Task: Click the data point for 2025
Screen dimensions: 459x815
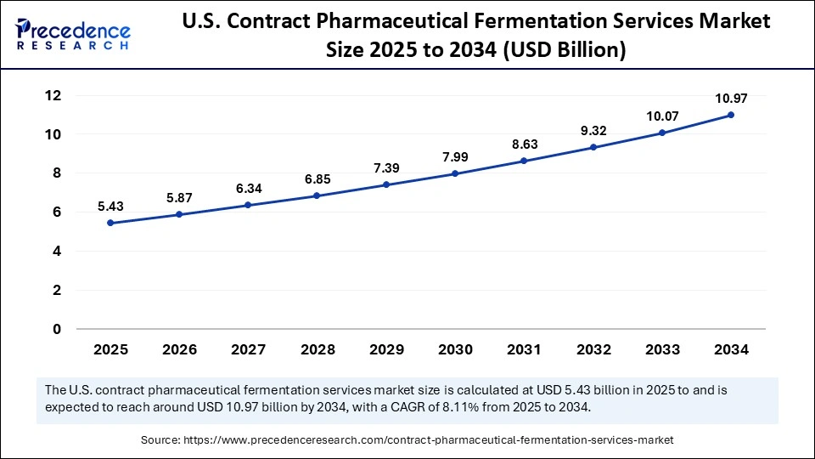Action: [110, 224]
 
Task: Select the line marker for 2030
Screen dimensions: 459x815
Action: [455, 173]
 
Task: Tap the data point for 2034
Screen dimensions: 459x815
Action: [730, 115]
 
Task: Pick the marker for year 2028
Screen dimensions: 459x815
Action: [317, 195]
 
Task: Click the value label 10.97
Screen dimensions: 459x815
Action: [730, 99]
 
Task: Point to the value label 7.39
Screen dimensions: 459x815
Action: [386, 168]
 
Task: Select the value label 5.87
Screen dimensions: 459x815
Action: [179, 198]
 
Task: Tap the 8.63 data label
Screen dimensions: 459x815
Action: [524, 144]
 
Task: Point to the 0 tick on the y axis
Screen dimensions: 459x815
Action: [56, 329]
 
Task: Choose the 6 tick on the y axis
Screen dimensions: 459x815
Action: [56, 212]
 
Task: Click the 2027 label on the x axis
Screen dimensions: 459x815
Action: [248, 349]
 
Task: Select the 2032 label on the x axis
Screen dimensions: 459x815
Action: [593, 349]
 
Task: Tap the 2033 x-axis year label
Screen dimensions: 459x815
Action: [661, 349]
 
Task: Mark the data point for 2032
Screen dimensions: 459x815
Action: [593, 147]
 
